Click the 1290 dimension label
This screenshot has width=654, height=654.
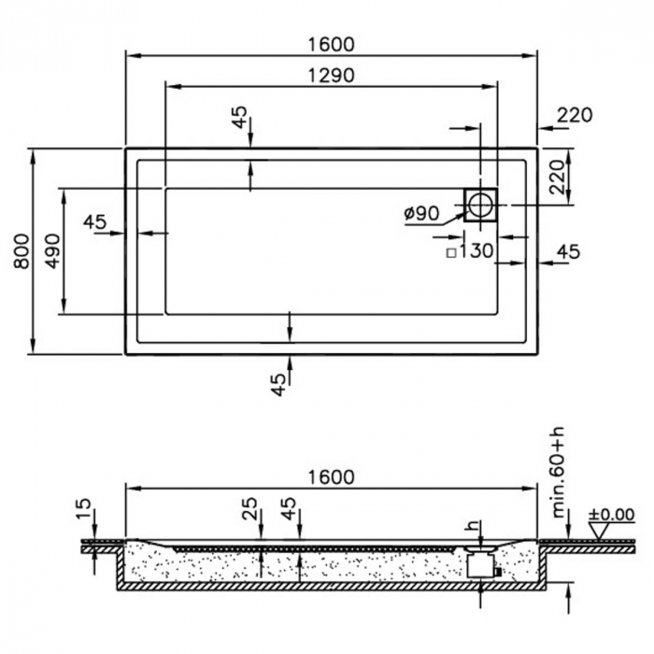tap(331, 76)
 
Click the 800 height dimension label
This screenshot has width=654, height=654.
tap(21, 251)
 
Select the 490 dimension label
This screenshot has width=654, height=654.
tap(52, 251)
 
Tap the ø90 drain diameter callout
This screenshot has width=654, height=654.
tap(421, 214)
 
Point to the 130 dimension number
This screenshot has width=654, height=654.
tap(476, 251)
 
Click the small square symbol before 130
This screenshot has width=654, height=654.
tap(451, 253)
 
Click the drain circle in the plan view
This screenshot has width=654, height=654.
tap(480, 205)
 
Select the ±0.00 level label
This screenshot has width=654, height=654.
tap(611, 514)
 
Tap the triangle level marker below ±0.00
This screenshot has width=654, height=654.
tap(600, 531)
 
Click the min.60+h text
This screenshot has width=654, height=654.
tap(558, 472)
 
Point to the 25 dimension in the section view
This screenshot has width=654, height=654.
tap(250, 509)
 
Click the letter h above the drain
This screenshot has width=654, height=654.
tap(472, 526)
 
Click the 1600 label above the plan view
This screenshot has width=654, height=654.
tap(331, 45)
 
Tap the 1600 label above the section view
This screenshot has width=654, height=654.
tap(331, 477)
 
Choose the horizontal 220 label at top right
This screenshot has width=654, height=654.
tap(575, 115)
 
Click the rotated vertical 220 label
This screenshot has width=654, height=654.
tap(557, 177)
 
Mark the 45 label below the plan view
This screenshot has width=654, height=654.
tap(279, 384)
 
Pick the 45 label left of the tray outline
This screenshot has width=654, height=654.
tap(95, 222)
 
